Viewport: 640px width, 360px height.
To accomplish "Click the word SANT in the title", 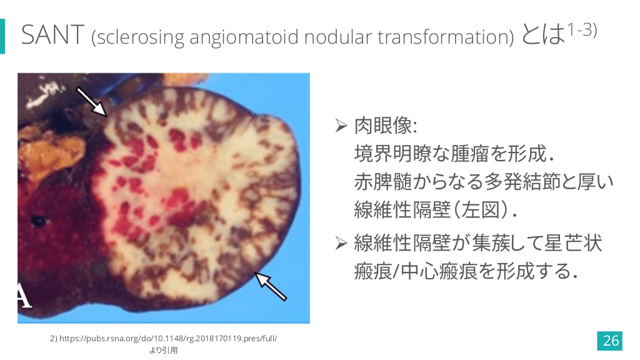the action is pos(52,35).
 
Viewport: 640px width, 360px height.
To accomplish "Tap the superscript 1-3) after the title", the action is pos(582,30).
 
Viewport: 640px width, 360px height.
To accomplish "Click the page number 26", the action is pos(610,341).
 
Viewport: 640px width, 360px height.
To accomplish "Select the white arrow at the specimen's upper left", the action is pos(92,102).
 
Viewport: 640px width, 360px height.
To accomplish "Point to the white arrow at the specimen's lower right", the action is pos(271,286).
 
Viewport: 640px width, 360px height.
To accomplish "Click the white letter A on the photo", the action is pos(24,295).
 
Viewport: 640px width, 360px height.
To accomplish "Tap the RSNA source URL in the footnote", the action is pos(164,338).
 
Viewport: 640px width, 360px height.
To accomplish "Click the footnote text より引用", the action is pos(164,350).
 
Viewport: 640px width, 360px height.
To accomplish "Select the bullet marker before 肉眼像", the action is pos(341,126).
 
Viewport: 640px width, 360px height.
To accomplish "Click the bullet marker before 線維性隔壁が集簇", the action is pos(341,243).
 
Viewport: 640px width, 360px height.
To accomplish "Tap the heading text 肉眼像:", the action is pos(386,125).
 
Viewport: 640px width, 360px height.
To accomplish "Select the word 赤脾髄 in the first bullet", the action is pos(383,182).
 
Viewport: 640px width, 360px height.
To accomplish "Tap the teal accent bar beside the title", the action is pos(2,36).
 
